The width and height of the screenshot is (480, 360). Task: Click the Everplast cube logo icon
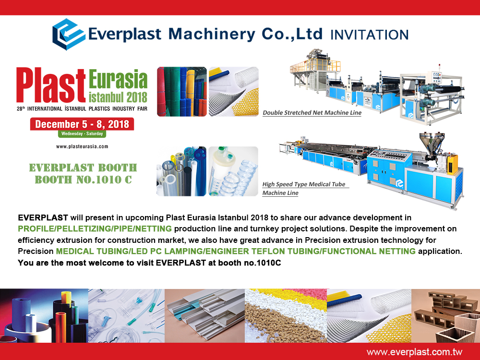69,34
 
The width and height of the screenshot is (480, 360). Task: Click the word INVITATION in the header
370,35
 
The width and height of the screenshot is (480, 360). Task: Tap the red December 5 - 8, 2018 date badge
82,124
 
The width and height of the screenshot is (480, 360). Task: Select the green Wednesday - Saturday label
82,134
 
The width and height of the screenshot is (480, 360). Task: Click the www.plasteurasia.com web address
82,146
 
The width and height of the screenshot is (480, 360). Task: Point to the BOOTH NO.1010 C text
83,180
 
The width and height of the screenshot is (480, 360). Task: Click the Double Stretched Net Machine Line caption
312,113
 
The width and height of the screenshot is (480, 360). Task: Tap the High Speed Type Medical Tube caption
304,184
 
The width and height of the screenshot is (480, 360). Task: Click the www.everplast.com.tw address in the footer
415,352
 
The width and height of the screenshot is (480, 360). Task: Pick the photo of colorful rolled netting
182,92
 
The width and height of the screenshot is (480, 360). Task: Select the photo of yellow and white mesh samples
234,92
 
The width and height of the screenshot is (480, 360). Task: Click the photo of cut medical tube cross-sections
181,171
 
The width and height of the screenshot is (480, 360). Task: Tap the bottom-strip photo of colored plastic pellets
286,316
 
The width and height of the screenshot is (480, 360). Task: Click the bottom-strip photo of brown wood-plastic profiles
446,316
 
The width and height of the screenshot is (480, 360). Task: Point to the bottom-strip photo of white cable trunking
205,316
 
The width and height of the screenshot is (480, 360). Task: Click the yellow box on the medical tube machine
452,164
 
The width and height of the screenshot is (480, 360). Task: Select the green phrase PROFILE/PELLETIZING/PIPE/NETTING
95,228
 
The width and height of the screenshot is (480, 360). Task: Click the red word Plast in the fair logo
51,85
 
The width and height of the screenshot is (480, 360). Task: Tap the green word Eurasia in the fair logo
118,79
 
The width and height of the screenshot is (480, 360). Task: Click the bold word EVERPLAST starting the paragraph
43,217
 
